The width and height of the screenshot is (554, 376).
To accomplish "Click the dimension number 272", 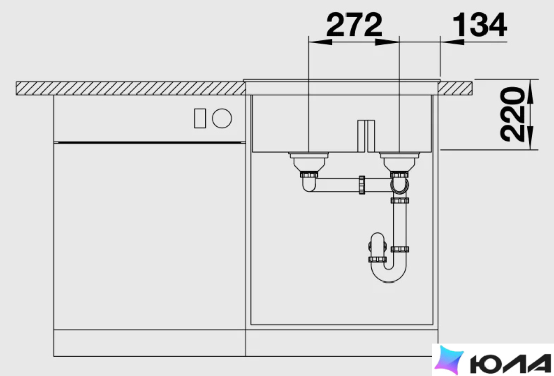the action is pyautogui.click(x=354, y=24).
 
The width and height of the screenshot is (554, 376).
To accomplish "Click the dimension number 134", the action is pyautogui.click(x=479, y=24).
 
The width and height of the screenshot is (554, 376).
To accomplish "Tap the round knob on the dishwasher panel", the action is pyautogui.click(x=222, y=118).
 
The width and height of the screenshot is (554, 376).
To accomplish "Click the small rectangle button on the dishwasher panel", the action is pyautogui.click(x=200, y=118).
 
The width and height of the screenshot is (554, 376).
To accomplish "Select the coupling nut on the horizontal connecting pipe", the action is pyautogui.click(x=362, y=184).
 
